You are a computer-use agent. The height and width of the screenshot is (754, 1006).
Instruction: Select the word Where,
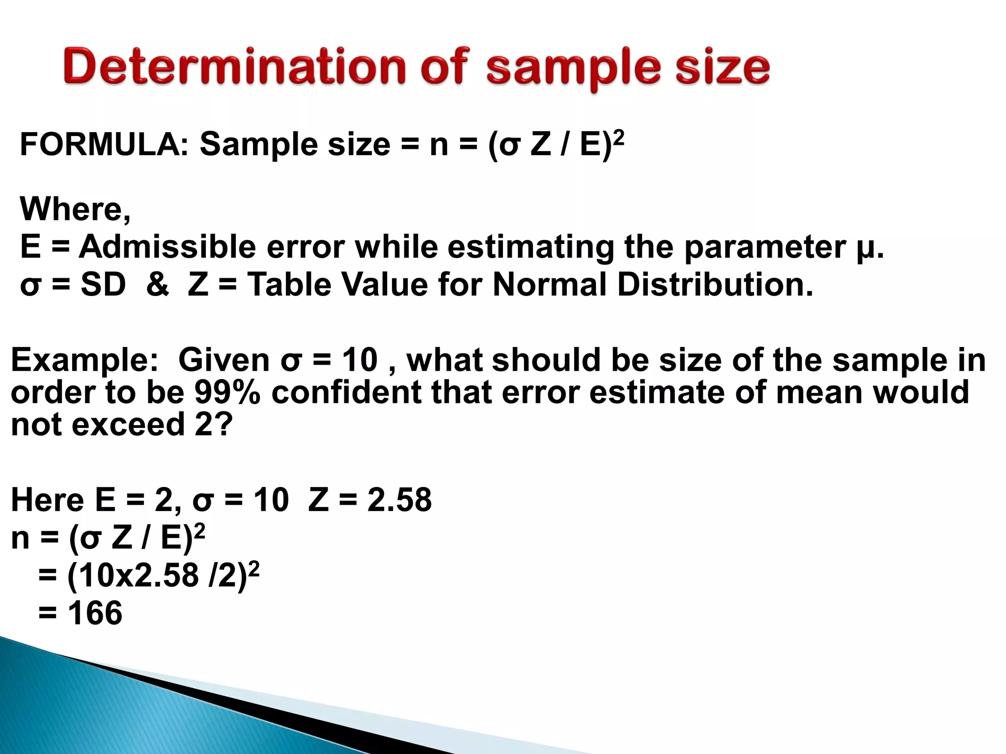pyautogui.click(x=75, y=209)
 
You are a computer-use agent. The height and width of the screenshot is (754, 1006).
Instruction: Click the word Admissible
pyautogui.click(x=168, y=246)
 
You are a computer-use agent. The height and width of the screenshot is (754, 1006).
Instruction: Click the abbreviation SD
pyautogui.click(x=103, y=285)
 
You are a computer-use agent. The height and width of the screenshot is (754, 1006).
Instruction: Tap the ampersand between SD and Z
pyautogui.click(x=157, y=285)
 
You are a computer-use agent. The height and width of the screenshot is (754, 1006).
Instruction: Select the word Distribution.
pyautogui.click(x=715, y=285)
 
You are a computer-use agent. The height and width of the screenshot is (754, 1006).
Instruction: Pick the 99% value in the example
pyautogui.click(x=227, y=393)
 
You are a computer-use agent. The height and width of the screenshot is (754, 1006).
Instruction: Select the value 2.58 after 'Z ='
pyautogui.click(x=399, y=500)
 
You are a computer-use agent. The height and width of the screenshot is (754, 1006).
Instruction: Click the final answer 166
pyautogui.click(x=95, y=613)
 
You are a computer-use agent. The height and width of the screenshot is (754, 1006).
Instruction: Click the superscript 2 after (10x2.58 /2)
pyautogui.click(x=254, y=567)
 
